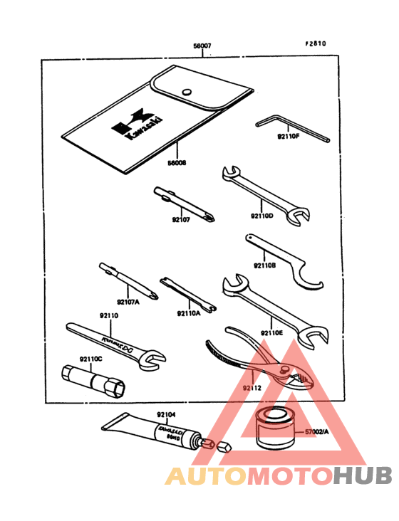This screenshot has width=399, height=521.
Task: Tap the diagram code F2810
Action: [x=316, y=43]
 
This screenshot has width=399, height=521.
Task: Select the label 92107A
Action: [x=128, y=302]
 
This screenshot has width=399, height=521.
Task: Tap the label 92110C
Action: [x=91, y=358]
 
